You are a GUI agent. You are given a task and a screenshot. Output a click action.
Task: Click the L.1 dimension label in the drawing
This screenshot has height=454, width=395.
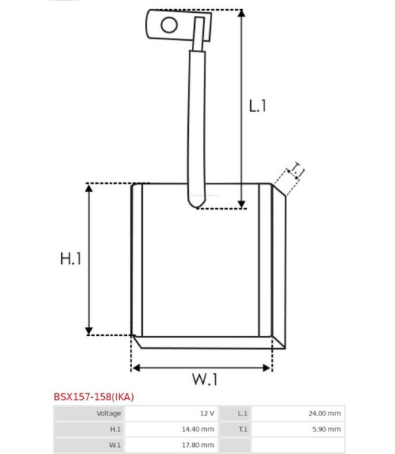258,106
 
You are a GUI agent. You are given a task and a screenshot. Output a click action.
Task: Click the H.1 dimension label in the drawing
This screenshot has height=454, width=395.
71,259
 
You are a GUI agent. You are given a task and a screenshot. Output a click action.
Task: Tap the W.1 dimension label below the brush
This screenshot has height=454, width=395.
205,379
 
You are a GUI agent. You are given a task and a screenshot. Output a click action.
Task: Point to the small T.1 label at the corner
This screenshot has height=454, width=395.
297,170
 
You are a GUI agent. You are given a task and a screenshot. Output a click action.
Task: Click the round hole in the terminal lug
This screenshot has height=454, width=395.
169,25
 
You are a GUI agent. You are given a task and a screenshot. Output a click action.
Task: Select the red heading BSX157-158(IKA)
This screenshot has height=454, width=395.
94,396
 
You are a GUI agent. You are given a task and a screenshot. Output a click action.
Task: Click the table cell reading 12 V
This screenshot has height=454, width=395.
207,413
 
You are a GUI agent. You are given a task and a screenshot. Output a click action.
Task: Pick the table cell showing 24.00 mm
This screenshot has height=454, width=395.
324,413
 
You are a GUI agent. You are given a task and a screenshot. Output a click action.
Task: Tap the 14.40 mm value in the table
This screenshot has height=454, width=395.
198,429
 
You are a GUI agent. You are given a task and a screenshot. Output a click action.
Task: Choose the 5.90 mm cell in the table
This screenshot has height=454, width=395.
326,429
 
